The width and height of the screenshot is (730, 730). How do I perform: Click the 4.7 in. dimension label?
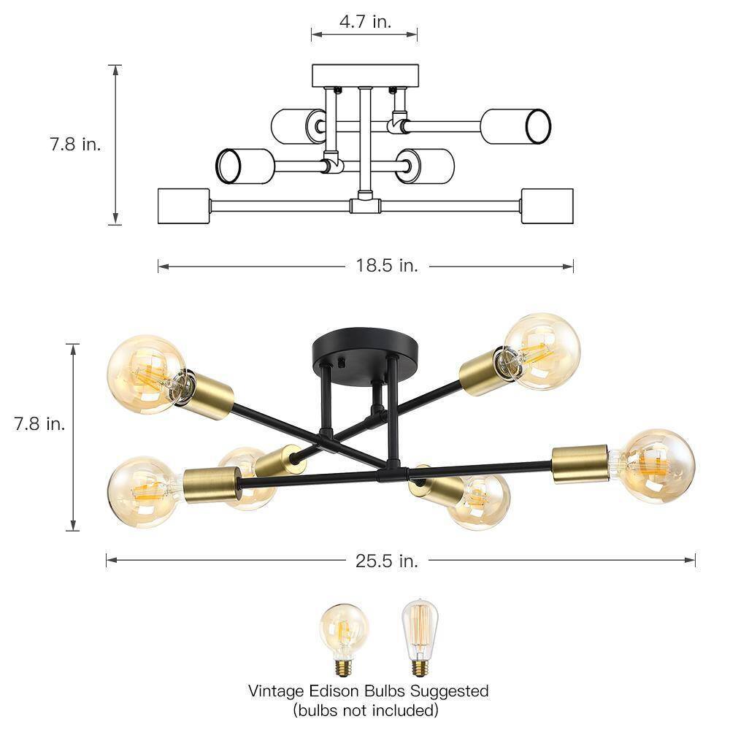(x=364, y=21)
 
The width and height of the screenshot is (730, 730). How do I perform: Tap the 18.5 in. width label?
(x=387, y=266)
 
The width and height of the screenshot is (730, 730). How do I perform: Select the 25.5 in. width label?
(x=387, y=561)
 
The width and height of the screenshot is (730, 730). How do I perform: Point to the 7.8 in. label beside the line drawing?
(x=75, y=144)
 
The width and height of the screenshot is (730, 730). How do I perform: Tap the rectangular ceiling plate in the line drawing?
(x=364, y=75)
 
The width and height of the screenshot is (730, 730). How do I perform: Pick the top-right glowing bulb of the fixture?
(x=543, y=350)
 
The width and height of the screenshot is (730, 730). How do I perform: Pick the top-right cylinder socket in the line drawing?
(x=515, y=126)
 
